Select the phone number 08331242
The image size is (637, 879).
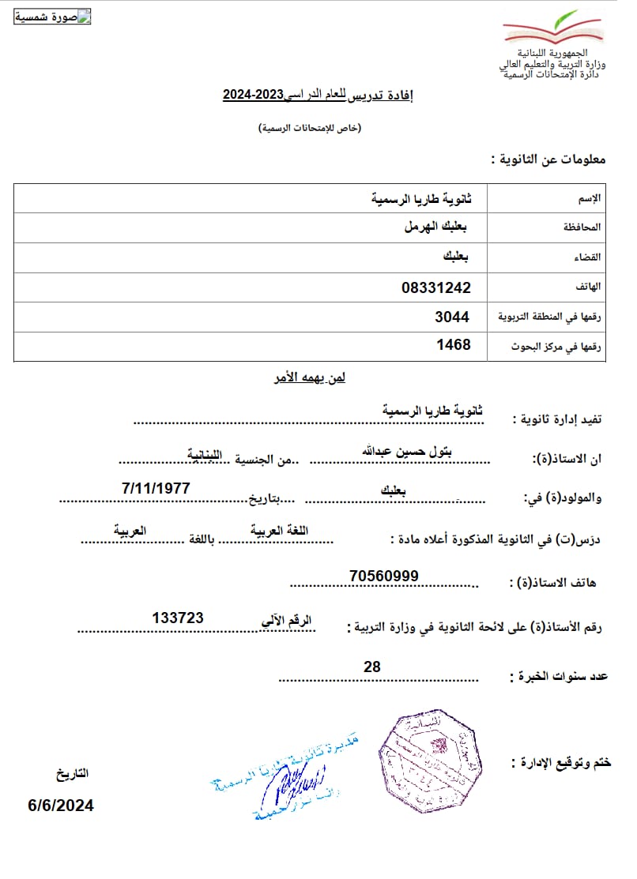(436, 287)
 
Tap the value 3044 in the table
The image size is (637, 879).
(452, 317)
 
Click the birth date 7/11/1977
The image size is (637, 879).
(156, 488)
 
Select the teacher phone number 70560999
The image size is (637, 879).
(383, 576)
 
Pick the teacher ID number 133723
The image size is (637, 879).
(178, 618)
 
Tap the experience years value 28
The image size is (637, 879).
(371, 667)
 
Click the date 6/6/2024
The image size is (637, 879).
(61, 806)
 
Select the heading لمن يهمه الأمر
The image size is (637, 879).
(306, 378)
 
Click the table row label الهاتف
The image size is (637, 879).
(590, 287)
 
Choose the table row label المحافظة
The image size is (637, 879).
(583, 227)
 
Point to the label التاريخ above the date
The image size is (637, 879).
(72, 773)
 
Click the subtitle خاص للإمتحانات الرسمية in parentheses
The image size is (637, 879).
(310, 128)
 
